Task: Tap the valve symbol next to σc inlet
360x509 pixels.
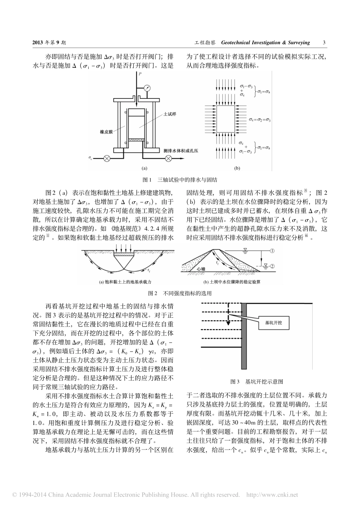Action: pos(107,158)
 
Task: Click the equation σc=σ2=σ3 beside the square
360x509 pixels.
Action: pos(260,120)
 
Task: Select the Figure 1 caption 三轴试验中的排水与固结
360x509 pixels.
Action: pos(187,180)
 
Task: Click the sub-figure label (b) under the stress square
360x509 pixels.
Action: pos(237,168)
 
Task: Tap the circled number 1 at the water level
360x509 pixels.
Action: pos(273,251)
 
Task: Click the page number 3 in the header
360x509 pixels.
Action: pos(324,43)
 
